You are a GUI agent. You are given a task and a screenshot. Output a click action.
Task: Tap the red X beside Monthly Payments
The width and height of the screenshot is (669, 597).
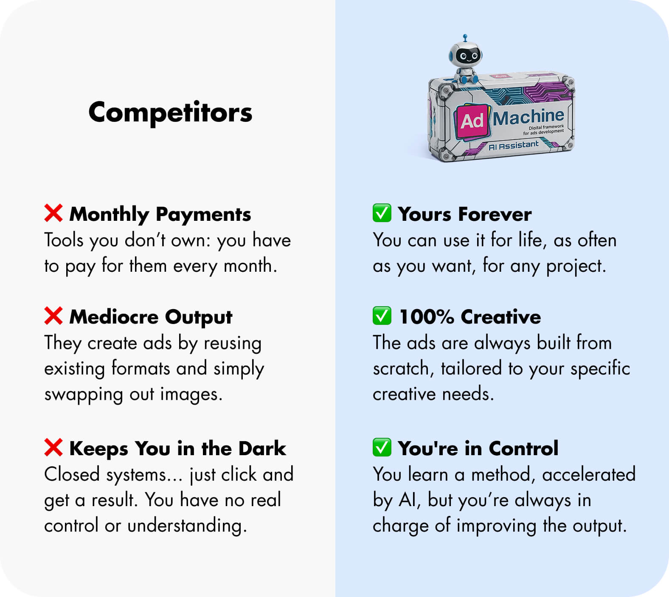[53, 213]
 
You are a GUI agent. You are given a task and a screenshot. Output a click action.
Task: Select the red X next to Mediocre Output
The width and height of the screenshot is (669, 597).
[53, 316]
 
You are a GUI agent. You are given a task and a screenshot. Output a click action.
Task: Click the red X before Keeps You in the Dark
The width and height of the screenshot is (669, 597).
[53, 448]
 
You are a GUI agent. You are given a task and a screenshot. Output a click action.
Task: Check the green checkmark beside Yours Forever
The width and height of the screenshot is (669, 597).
[382, 213]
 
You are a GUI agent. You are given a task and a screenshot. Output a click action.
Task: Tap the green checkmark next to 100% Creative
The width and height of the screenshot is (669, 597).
[382, 316]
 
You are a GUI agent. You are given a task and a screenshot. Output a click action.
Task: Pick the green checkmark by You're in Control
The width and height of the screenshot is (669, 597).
[382, 448]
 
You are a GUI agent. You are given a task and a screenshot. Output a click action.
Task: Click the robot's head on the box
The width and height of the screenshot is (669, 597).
[466, 55]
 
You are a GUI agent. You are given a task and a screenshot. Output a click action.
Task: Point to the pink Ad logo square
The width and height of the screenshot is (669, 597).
[472, 121]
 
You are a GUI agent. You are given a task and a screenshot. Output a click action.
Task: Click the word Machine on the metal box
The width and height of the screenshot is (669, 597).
[528, 117]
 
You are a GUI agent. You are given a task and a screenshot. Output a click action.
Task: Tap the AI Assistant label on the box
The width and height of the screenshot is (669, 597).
[513, 146]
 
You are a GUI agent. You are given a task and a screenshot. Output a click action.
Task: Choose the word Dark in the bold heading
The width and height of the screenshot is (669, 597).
[262, 448]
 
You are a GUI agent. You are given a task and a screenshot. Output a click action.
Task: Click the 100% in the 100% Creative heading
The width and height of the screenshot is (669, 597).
[427, 317]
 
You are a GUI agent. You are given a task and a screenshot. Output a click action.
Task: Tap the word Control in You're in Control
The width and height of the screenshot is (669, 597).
[523, 448]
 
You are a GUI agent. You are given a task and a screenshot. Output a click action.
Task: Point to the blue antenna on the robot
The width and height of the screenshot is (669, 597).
[465, 38]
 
